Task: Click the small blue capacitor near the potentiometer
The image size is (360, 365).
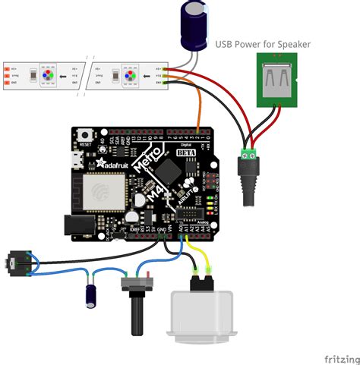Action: [90, 294]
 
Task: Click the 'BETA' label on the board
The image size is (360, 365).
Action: [186, 153]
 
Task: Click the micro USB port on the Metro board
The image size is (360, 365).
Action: [76, 161]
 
